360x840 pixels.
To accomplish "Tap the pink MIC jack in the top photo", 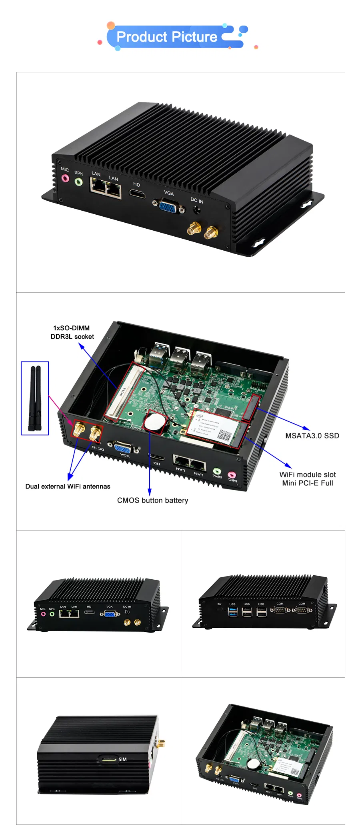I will click(65, 178).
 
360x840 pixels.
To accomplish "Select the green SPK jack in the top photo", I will click(79, 182).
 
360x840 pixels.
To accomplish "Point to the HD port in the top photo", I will click(137, 194).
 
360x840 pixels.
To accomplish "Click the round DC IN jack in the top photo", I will click(197, 209).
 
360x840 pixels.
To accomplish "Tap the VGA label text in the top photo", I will click(169, 193).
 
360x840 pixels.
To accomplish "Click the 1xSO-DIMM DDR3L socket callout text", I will click(72, 332).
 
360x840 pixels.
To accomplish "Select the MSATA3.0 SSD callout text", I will click(312, 436).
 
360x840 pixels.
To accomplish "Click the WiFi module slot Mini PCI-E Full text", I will click(307, 479).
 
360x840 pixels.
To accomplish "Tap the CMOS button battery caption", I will click(152, 500).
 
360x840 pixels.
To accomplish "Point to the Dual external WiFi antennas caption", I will click(68, 486).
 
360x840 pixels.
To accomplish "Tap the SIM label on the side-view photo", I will click(122, 759).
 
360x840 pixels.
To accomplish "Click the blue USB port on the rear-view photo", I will click(232, 612).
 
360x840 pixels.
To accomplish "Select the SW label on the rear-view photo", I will click(219, 604).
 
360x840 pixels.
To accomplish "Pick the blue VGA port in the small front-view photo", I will click(110, 614).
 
